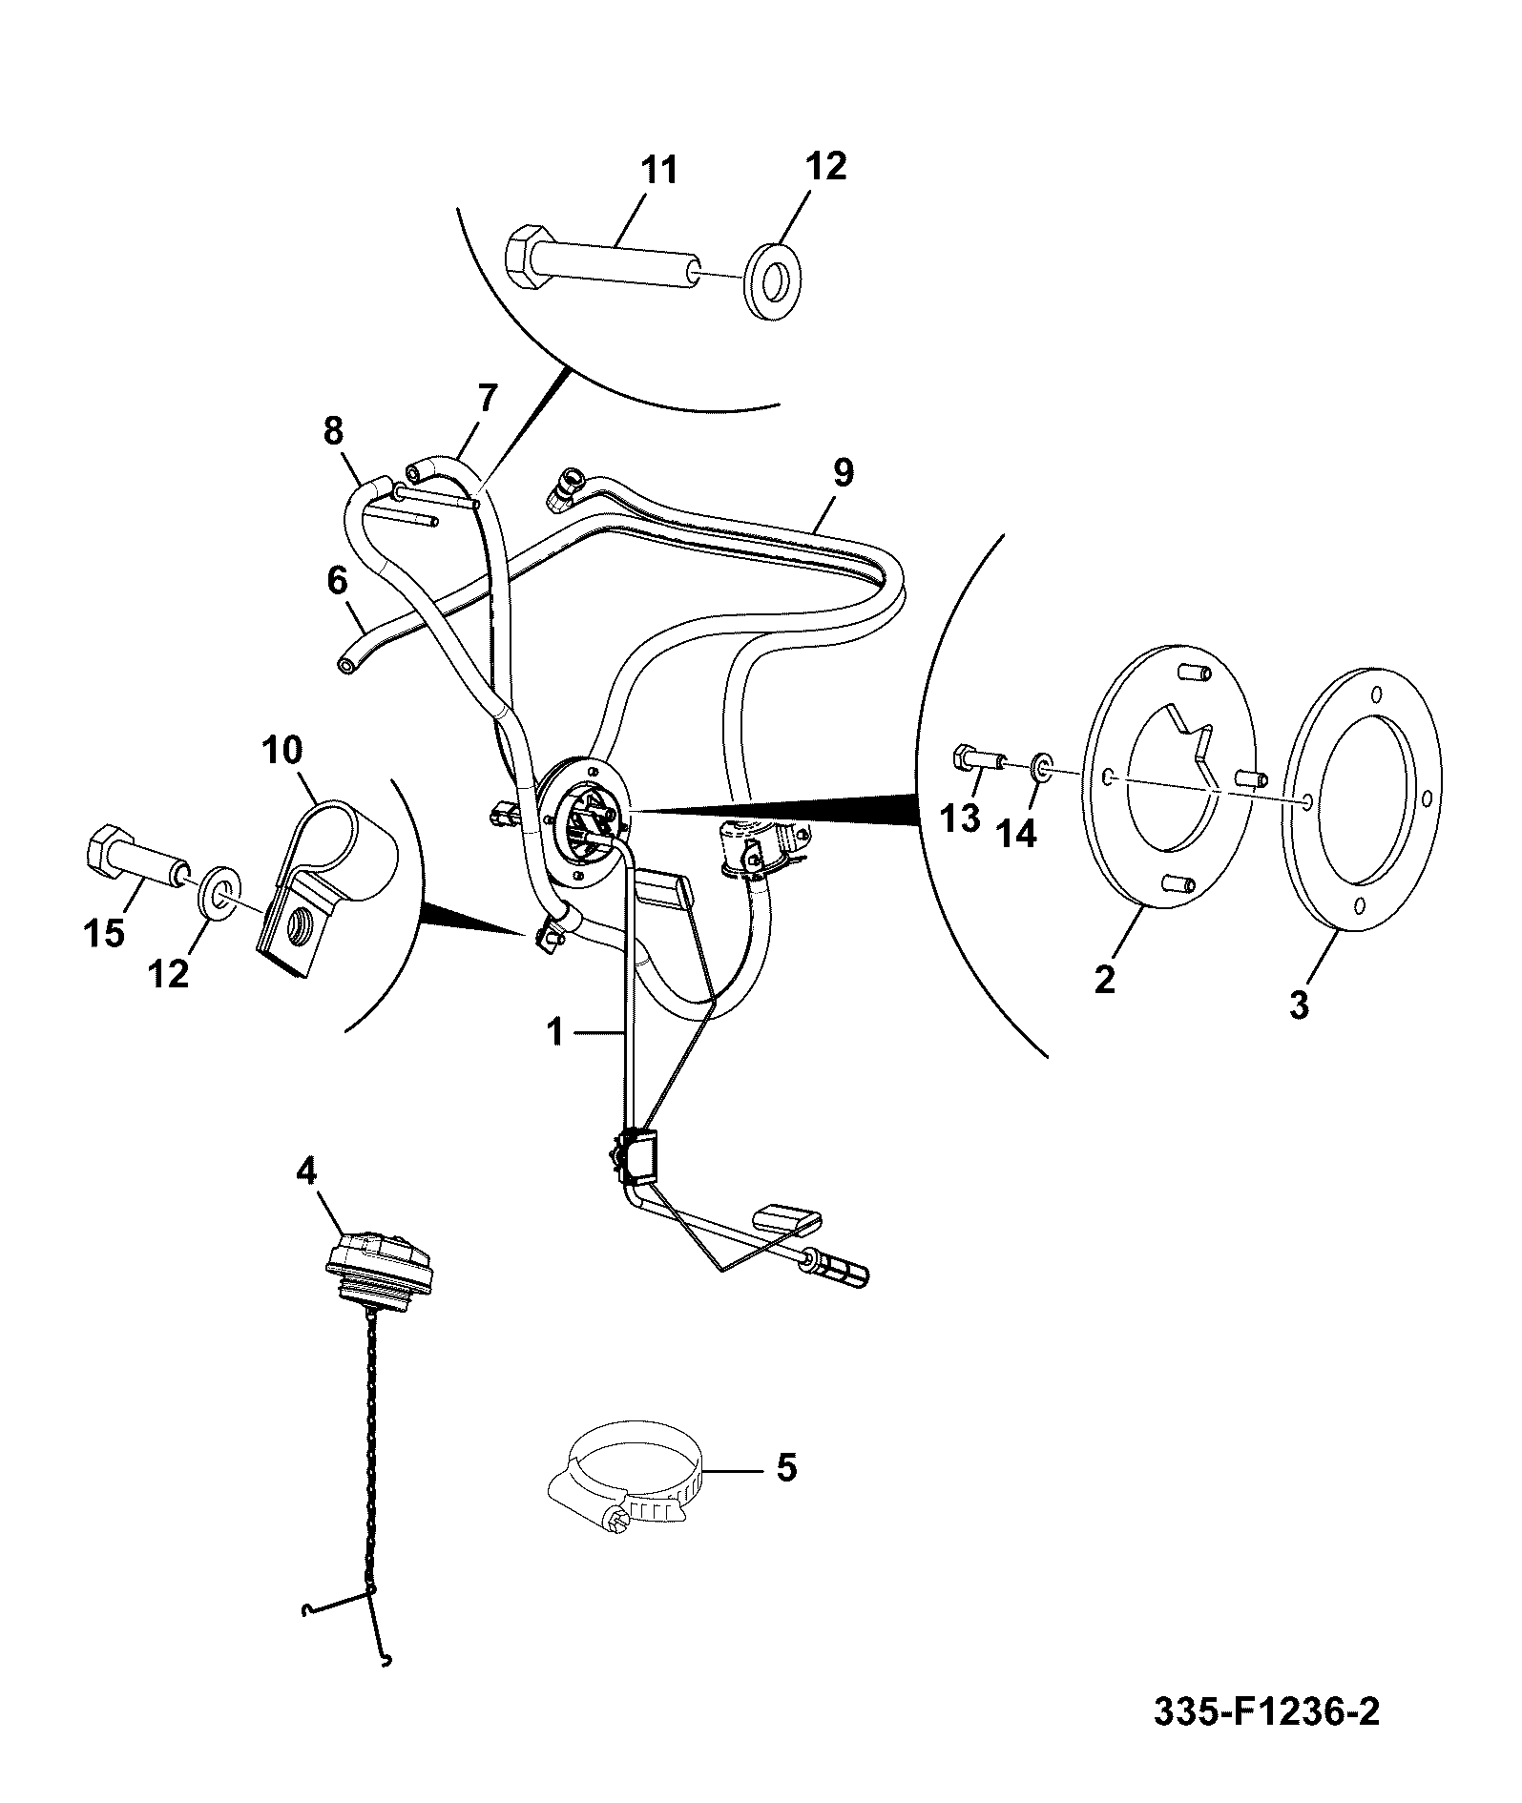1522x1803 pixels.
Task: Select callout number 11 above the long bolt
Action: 658,171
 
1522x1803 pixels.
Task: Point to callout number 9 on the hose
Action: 843,473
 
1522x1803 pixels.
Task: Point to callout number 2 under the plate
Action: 1105,979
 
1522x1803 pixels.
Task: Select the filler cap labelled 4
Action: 382,1265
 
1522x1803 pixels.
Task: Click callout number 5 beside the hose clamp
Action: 785,1466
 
